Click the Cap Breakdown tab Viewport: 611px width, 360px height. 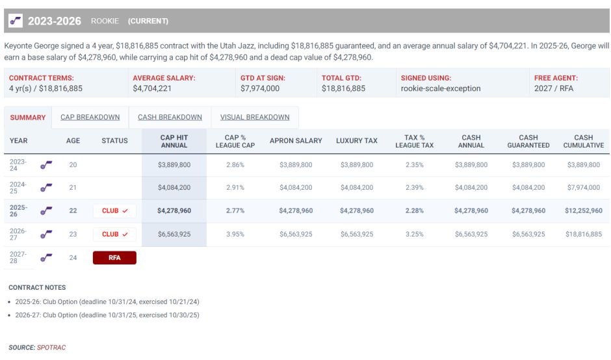(90, 118)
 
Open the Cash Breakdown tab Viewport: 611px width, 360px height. (170, 118)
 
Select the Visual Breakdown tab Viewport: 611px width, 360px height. (255, 118)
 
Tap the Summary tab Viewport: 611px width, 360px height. (28, 118)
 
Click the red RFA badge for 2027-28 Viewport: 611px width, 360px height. (114, 258)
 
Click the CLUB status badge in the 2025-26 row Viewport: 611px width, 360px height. (114, 211)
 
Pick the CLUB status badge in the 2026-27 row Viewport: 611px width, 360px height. (114, 235)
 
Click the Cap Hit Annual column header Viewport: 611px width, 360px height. (174, 141)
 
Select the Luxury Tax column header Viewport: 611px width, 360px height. (356, 141)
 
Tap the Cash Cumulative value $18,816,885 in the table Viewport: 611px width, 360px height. (583, 235)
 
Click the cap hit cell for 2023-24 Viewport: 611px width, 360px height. (174, 165)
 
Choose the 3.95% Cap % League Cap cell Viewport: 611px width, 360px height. (235, 235)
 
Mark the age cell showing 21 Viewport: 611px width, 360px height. (73, 188)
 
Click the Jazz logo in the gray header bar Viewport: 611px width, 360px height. (16, 21)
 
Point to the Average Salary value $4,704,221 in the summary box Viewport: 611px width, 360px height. (152, 88)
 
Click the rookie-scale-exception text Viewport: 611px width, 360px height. (441, 88)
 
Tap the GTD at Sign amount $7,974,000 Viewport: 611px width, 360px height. (260, 88)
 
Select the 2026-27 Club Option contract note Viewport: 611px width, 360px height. (107, 315)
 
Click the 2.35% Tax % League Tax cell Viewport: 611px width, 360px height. (414, 165)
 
